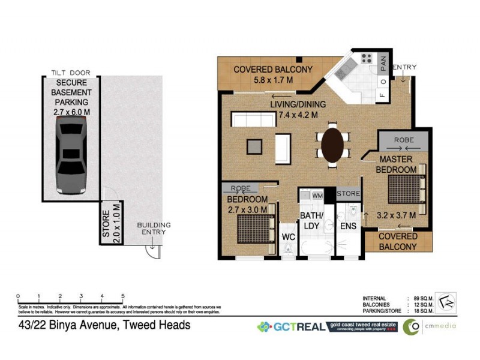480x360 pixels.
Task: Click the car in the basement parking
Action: pos(71,155)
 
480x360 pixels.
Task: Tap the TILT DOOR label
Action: pos(71,73)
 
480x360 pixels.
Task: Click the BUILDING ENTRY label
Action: pos(154,229)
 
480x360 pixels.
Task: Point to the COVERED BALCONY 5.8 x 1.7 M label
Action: pos(272,74)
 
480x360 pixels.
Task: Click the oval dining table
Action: pos(333,144)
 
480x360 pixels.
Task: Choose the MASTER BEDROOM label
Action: pos(396,164)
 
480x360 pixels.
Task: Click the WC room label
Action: pos(289,237)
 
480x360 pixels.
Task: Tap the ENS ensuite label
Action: pos(347,227)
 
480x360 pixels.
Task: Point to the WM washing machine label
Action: pos(317,196)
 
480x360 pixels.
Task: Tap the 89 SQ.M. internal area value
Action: pos(427,298)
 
